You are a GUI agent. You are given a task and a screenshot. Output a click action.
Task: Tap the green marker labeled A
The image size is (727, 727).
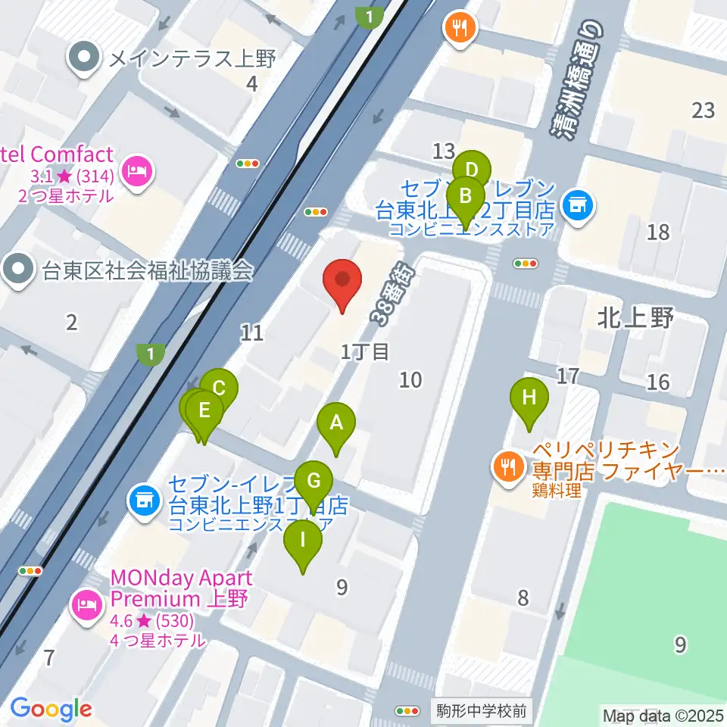(x=336, y=426)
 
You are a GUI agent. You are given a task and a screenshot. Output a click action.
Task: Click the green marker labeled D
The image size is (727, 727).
(x=472, y=168)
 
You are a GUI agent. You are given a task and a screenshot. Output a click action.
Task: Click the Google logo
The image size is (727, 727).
(x=51, y=710)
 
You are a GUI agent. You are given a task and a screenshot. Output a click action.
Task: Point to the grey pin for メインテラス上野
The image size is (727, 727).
(x=85, y=58)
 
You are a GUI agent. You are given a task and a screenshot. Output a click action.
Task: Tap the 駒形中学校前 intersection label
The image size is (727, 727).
(x=481, y=711)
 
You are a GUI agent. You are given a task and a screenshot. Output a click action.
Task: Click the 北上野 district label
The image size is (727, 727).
(x=635, y=318)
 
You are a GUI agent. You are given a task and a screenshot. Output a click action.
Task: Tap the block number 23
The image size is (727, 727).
(x=703, y=111)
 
